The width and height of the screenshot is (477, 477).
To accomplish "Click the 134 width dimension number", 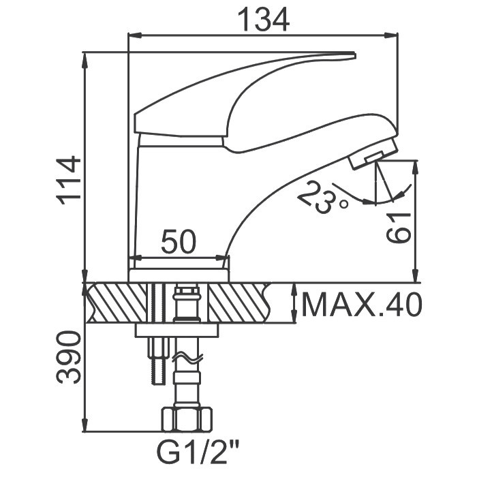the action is click(264, 20).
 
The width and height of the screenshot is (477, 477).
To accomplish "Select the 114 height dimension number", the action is click(69, 182).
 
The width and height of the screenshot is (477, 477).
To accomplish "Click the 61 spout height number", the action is click(399, 228).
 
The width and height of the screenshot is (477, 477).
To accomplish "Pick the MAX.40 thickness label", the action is click(361, 304).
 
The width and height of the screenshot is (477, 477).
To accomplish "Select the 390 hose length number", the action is click(69, 358).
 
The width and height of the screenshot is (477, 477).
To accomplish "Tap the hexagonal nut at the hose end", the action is click(187, 420).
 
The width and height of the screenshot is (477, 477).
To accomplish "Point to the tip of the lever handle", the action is click(355, 55).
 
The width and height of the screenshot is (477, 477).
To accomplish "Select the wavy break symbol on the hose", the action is click(187, 358).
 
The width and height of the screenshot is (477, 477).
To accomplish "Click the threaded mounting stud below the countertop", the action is click(158, 361).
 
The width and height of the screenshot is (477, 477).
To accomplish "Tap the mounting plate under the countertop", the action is click(177, 330).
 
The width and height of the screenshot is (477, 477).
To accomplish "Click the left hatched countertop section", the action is click(117, 303).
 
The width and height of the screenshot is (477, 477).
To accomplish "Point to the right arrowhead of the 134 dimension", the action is click(392, 35).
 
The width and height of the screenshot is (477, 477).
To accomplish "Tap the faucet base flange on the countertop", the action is click(179, 275).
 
